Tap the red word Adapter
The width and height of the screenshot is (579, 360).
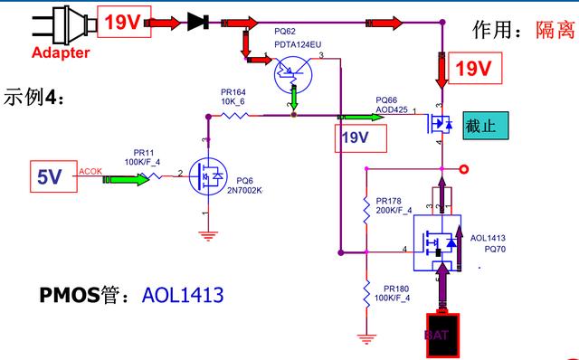(61, 52)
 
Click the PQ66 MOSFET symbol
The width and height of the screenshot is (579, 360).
(441, 122)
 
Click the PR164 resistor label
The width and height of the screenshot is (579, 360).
(233, 91)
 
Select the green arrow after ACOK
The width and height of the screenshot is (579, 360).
(126, 179)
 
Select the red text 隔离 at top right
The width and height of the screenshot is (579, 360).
(553, 30)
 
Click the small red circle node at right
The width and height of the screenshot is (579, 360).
(464, 168)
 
